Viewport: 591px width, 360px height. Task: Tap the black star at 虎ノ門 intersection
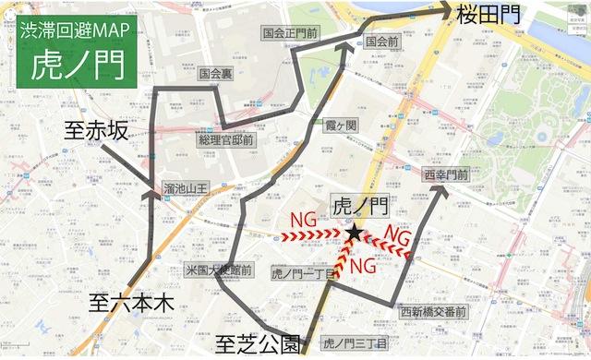click(355, 234)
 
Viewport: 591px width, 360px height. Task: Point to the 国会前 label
click(381, 42)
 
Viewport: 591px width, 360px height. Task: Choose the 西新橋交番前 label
click(433, 312)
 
